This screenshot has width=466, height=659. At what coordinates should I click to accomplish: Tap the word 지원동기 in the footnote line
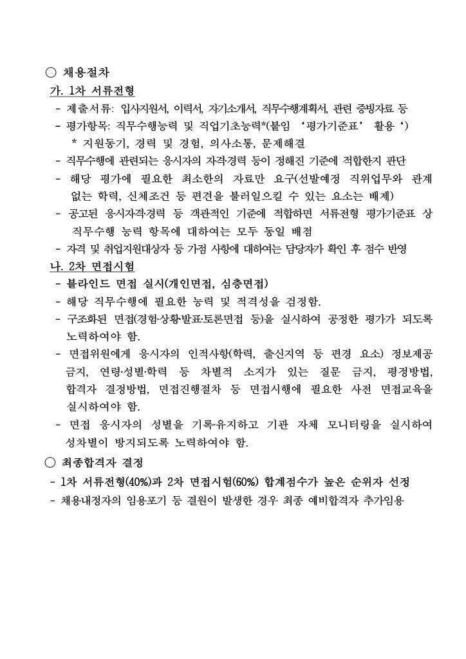pos(103,142)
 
